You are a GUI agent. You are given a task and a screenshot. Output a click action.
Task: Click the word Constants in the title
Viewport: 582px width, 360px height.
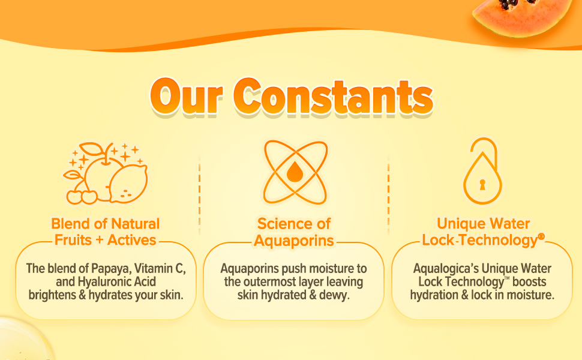pyautogui.click(x=333, y=97)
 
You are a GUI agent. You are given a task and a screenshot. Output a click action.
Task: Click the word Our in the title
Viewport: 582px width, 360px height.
pyautogui.click(x=187, y=97)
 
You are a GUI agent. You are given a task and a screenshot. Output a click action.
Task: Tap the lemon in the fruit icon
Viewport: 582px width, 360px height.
pyautogui.click(x=128, y=184)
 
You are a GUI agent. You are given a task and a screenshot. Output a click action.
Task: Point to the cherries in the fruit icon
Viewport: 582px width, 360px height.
pyautogui.click(x=82, y=196)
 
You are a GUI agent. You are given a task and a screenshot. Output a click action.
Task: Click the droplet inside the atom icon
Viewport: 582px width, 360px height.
pyautogui.click(x=295, y=172)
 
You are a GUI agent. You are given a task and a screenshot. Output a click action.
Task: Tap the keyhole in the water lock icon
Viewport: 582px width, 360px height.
pyautogui.click(x=482, y=184)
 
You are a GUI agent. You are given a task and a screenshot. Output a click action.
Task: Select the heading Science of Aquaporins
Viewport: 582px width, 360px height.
pyautogui.click(x=294, y=232)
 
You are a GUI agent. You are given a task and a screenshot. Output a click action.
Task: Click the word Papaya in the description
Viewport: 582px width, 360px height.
pyautogui.click(x=112, y=268)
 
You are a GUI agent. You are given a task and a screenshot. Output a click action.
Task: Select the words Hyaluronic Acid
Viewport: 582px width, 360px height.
pyautogui.click(x=116, y=281)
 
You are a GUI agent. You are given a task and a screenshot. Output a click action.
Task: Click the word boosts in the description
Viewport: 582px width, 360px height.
pyautogui.click(x=529, y=281)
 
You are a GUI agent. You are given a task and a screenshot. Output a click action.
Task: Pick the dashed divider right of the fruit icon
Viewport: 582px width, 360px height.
pyautogui.click(x=199, y=195)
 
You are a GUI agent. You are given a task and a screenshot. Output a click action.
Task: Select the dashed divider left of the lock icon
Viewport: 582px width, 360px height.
pyautogui.click(x=388, y=195)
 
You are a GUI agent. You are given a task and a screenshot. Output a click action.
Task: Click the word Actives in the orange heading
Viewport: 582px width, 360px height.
pyautogui.click(x=131, y=240)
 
